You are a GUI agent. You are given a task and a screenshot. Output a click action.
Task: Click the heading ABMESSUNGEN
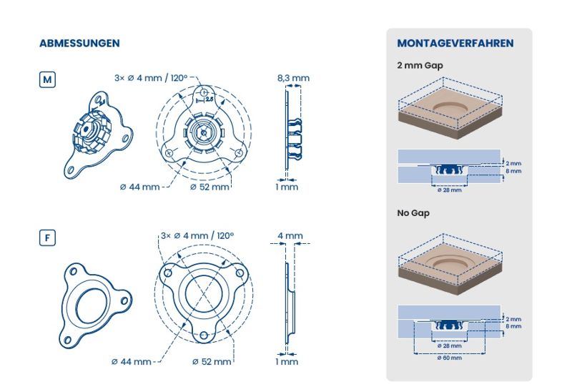pos(79,43)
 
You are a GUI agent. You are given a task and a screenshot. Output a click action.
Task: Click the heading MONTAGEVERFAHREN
pos(455,43)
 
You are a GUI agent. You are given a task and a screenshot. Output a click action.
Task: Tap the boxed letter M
pos(47,79)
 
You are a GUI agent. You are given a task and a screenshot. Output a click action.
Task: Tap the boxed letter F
pos(47,238)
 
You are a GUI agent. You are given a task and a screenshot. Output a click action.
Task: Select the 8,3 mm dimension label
pos(293,78)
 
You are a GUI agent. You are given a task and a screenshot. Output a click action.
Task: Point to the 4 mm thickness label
pos(290,236)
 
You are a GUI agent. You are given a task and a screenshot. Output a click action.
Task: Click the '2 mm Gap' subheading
pos(420,66)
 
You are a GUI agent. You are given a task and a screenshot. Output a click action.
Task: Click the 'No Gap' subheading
pos(413,213)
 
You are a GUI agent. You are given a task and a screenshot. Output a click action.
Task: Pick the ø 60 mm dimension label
pos(450,358)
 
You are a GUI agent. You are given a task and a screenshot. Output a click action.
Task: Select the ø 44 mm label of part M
pos(139,187)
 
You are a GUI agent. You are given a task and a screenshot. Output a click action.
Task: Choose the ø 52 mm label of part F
pos(212,362)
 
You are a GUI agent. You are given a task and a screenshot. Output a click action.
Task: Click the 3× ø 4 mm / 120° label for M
pos(151,78)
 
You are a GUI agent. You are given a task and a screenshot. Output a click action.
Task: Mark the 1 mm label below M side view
pos(287,187)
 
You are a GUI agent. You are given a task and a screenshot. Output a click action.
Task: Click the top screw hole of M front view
pos(204,92)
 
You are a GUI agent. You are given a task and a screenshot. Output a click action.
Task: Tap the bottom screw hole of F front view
pos(204,335)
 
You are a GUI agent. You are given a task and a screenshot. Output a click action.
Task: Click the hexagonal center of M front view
pos(204,133)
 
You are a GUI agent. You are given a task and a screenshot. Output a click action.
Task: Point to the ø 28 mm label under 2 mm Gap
pos(450,190)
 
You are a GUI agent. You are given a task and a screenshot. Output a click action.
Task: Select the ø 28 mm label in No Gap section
pos(450,346)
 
